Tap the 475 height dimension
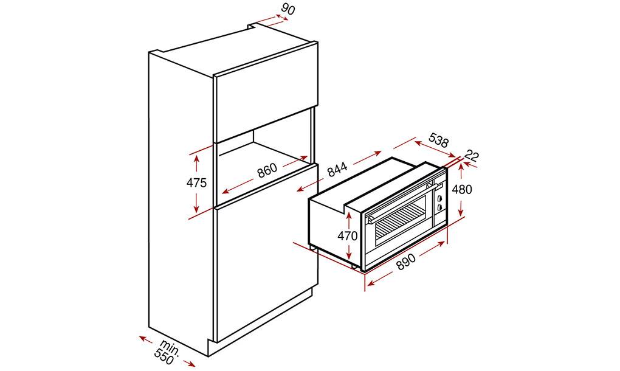196,182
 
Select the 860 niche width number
267,170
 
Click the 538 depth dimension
439,140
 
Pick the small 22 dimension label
472,156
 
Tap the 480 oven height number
462,189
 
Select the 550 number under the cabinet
164,358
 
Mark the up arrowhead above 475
196,157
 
